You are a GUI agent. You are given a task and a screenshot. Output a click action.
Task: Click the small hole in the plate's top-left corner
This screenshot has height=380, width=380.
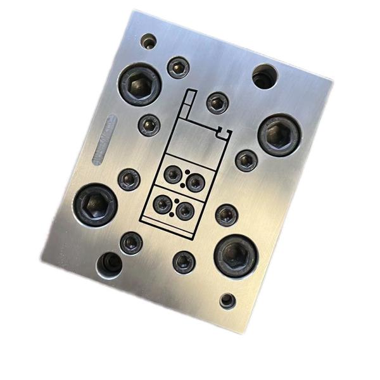tap(148, 42)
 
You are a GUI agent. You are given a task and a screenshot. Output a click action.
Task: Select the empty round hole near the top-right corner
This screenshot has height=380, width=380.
tap(263, 77)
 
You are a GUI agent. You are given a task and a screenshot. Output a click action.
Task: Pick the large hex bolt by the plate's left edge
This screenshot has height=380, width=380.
tap(94, 204)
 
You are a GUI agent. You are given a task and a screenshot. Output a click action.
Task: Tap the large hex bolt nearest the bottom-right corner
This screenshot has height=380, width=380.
tap(236, 255)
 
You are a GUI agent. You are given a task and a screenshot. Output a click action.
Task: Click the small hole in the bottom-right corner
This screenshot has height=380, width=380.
tap(228, 301)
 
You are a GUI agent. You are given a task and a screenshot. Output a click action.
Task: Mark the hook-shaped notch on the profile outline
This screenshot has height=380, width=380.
tap(222, 132)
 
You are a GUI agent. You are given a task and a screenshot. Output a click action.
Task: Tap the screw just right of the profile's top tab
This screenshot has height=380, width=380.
tap(217, 102)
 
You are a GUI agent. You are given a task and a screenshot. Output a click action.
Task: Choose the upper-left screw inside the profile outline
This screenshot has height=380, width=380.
tap(172, 175)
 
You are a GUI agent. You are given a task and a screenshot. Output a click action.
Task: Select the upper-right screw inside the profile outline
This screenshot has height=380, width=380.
tap(194, 183)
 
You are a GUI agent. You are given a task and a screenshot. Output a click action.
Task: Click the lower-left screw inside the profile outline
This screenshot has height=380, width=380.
tap(163, 203)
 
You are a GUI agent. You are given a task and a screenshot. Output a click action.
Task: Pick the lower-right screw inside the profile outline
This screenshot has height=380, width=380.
tap(184, 210)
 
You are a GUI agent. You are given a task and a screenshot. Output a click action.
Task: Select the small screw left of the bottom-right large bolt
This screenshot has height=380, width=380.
tap(184, 261)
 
